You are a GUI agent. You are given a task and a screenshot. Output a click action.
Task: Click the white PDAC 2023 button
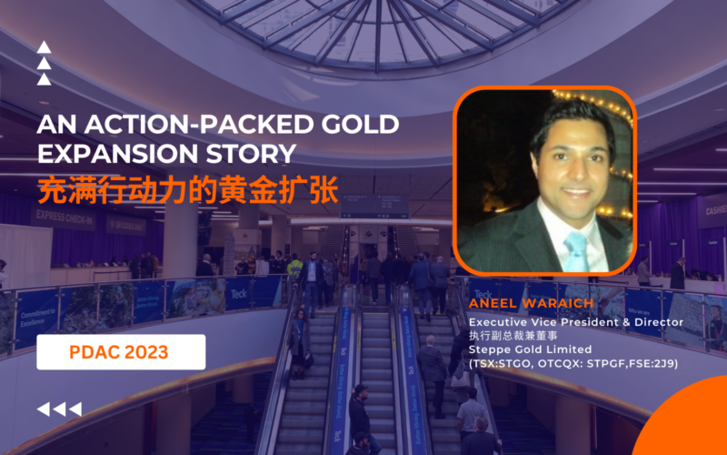[121, 352]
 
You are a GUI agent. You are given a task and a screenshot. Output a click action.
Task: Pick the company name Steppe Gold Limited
[517, 349]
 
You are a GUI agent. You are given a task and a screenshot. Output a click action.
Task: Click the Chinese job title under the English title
[509, 336]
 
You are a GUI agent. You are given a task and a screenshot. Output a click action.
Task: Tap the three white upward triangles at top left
[44, 64]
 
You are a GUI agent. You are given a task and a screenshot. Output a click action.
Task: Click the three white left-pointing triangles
[58, 409]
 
